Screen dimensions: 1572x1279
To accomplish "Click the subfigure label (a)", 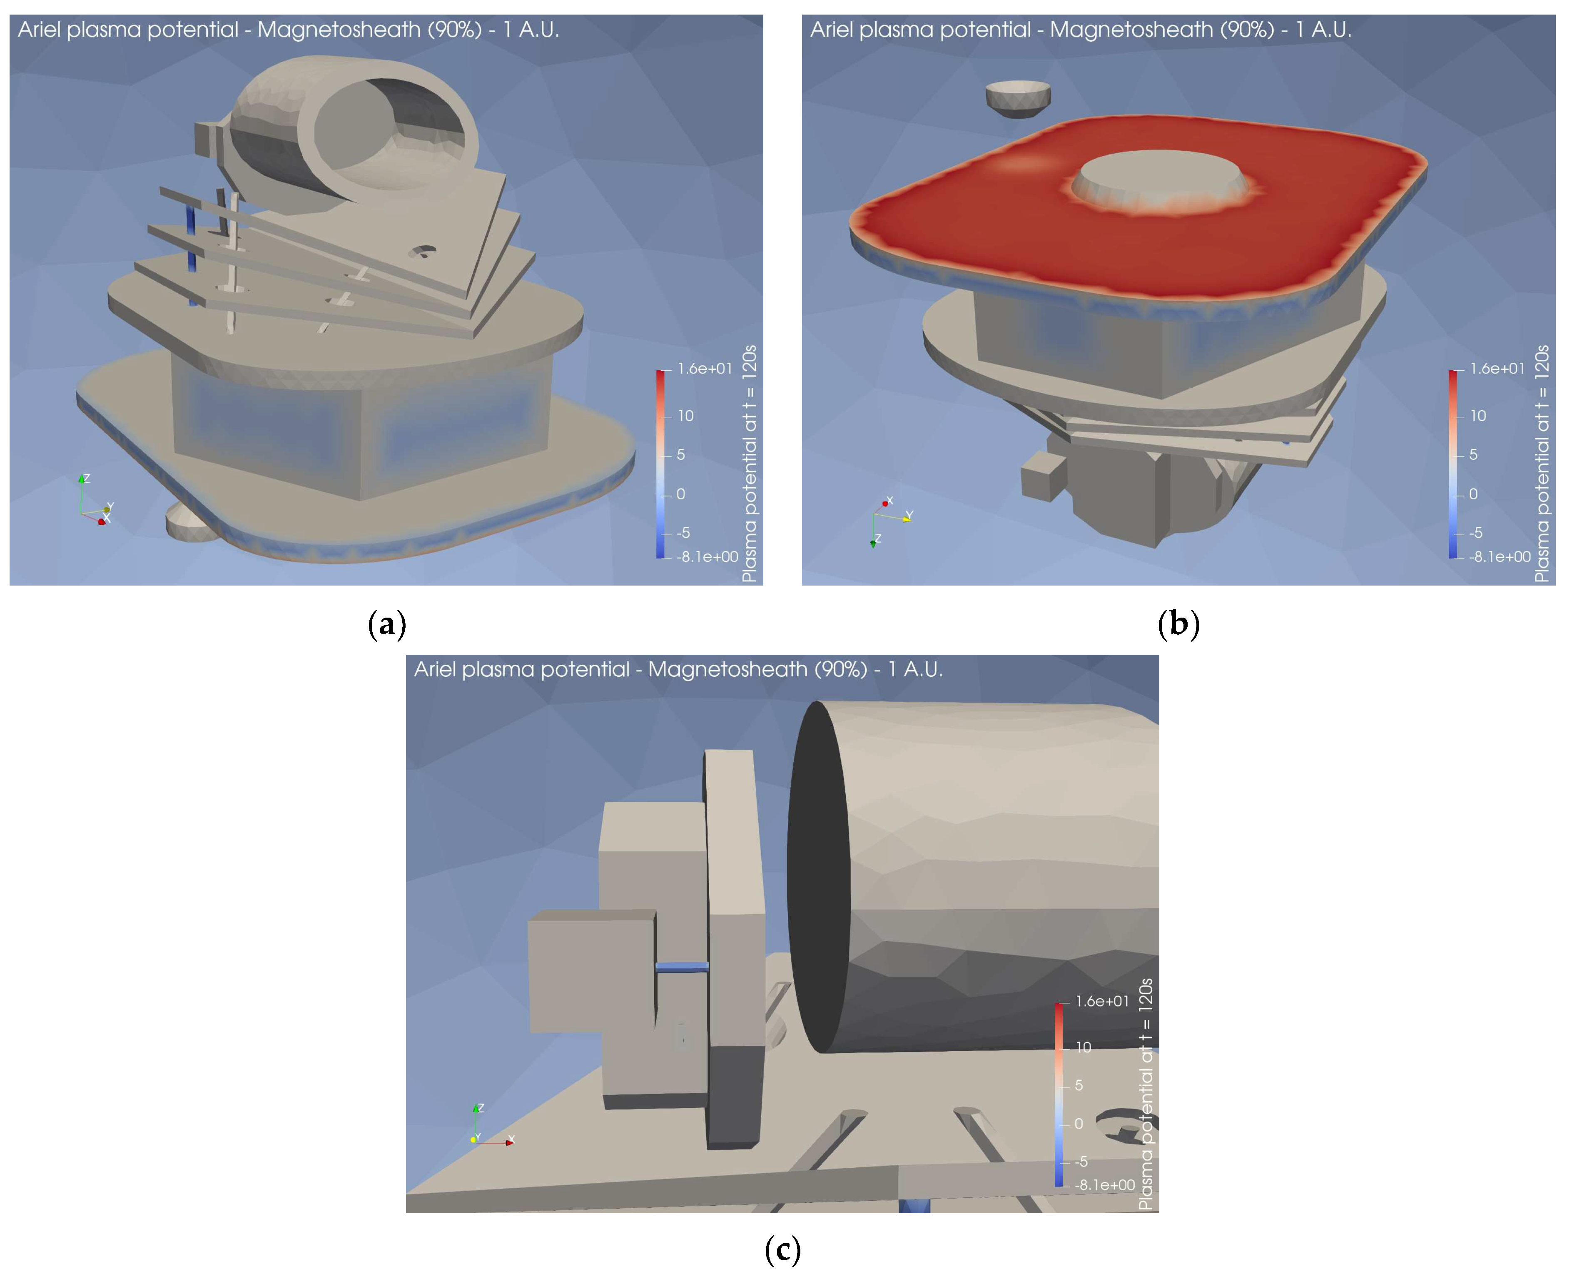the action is click(x=387, y=624).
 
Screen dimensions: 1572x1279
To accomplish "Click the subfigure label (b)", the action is click(x=1178, y=624).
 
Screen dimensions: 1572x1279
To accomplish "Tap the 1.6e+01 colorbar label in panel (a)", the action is click(x=705, y=369).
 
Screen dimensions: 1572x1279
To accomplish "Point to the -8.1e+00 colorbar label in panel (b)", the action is click(x=1500, y=557).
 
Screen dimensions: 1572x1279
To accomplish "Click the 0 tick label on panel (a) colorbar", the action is click(x=681, y=494).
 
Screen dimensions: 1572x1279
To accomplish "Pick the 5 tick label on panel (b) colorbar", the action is click(x=1473, y=454).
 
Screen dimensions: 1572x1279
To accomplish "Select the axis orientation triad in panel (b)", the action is click(x=890, y=521).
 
